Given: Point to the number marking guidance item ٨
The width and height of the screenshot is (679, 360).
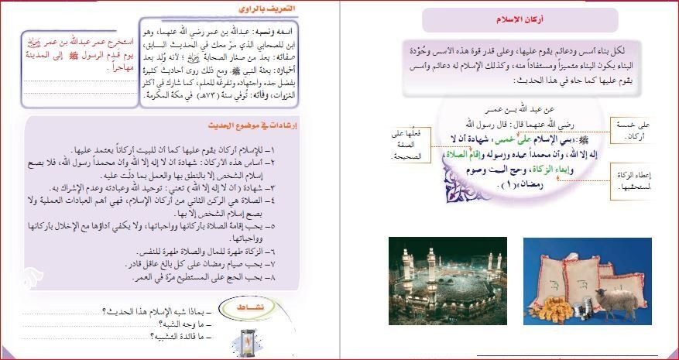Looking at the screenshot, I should point(306,276).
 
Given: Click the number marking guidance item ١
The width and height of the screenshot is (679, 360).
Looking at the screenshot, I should point(305,149).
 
